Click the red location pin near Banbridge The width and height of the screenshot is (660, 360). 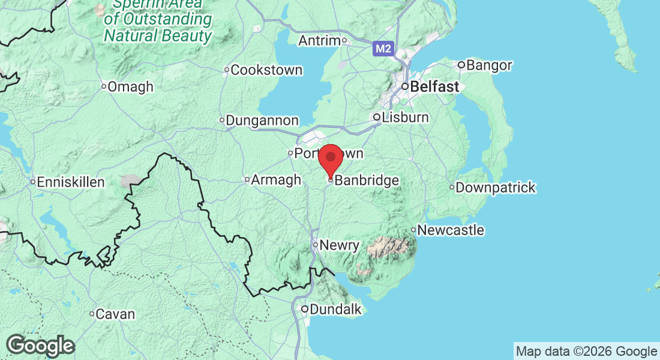click(330, 158)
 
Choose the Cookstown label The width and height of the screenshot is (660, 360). click(266, 70)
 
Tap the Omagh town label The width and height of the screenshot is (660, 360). click(131, 87)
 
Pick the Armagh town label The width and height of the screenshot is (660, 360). click(276, 180)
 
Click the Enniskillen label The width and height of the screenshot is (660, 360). click(71, 182)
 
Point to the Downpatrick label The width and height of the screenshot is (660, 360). click(496, 188)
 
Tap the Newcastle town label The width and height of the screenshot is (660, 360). click(451, 230)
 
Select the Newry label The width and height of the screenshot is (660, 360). click(339, 245)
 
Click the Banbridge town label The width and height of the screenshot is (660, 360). click(367, 181)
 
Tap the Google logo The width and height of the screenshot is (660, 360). click(40, 346)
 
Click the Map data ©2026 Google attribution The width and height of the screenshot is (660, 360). click(586, 352)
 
